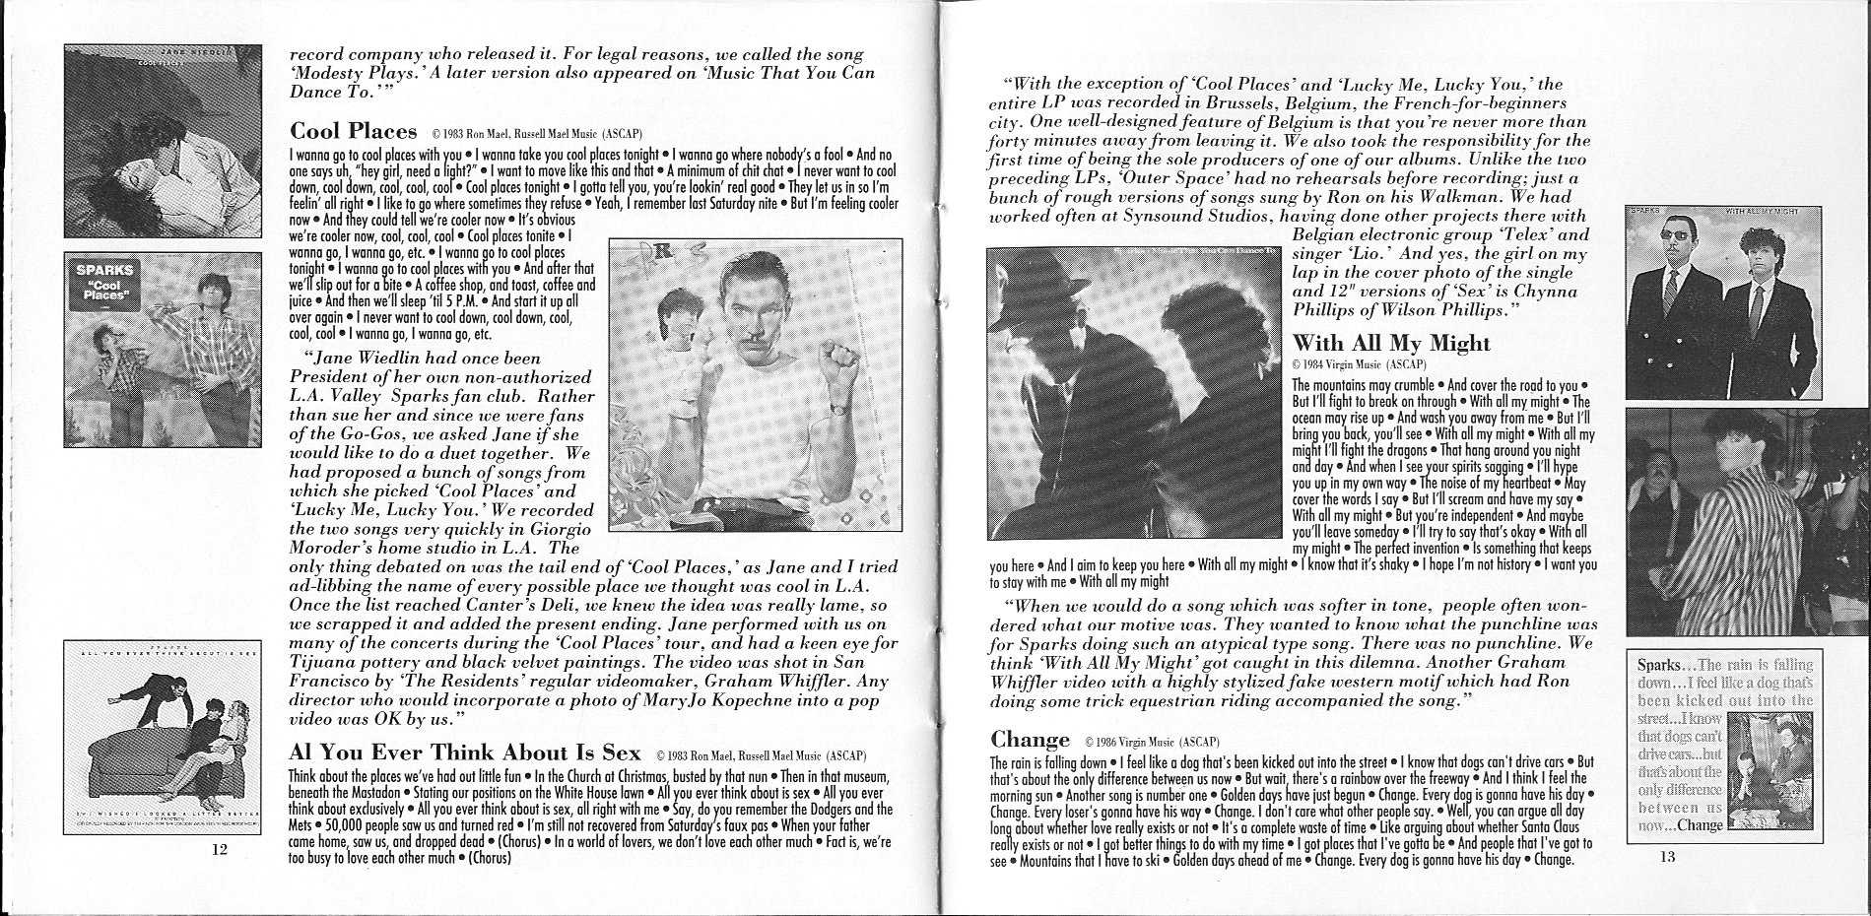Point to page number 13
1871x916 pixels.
(1666, 857)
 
